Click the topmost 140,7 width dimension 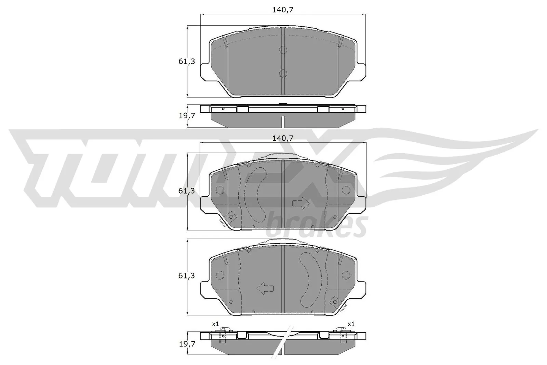click(x=283, y=10)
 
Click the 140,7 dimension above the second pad click(x=283, y=138)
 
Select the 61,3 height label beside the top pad click(x=187, y=62)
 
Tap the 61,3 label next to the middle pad click(x=187, y=191)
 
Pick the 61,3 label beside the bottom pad click(x=187, y=275)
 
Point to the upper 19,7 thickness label click(x=187, y=116)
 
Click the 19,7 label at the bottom click(x=187, y=344)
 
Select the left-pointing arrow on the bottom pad click(x=265, y=288)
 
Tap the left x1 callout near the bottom click(x=215, y=324)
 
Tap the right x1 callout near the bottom click(x=351, y=324)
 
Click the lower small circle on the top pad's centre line click(x=283, y=73)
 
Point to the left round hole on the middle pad click(x=219, y=190)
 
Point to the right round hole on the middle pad click(x=346, y=190)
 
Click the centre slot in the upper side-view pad click(x=283, y=121)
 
